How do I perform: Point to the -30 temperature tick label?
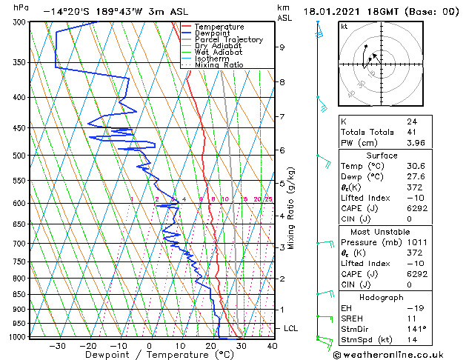(56, 346)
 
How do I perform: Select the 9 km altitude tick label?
(282, 47)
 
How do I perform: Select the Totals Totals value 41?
(412, 132)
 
